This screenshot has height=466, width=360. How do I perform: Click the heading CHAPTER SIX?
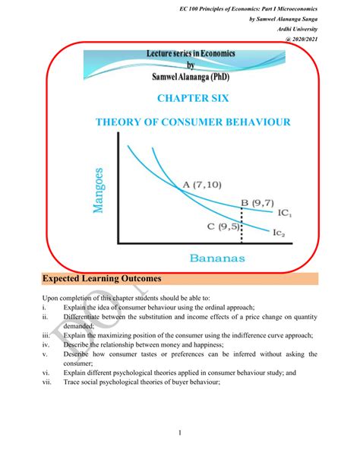click(179, 98)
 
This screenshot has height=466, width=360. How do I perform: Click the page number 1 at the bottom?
click(180, 434)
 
